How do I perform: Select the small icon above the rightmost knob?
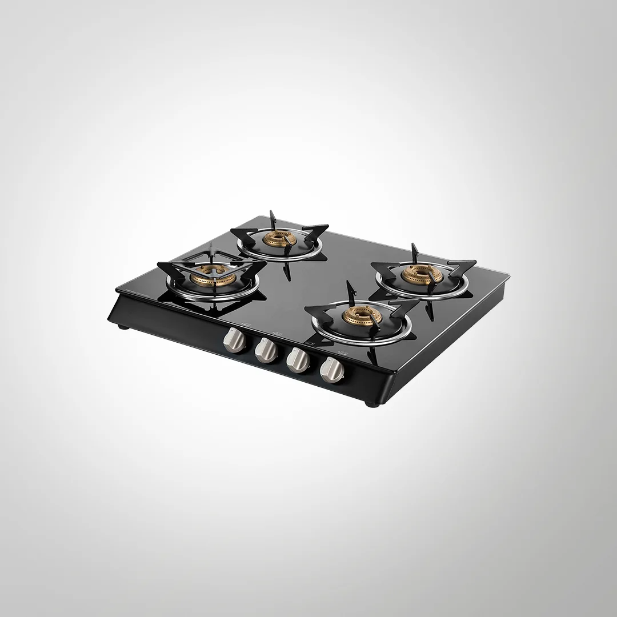341,352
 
